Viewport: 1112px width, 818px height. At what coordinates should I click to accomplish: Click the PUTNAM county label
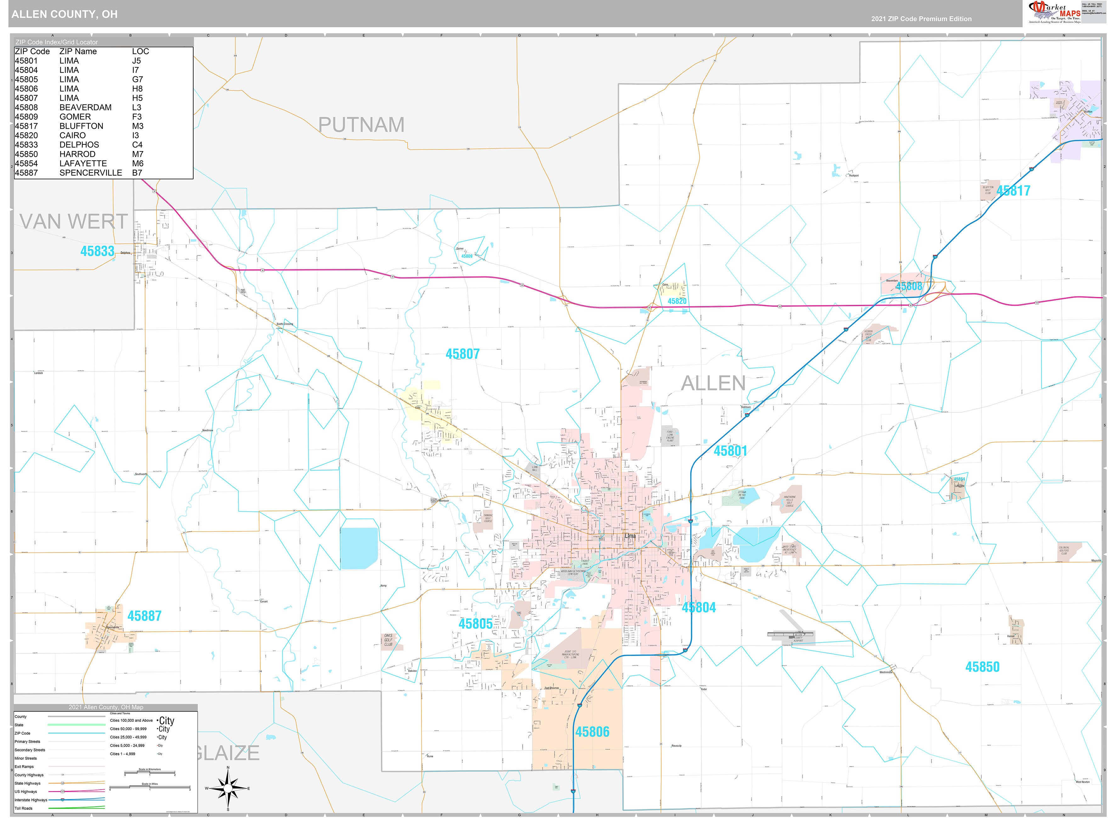click(361, 125)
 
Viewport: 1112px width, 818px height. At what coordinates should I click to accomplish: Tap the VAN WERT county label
click(73, 221)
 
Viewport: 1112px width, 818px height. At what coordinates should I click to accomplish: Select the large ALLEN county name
click(713, 383)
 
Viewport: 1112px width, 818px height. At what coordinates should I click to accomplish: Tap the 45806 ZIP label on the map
click(592, 732)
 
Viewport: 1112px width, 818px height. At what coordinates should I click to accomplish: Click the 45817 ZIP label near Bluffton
click(1013, 191)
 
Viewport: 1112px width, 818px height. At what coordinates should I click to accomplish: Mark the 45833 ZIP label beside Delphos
click(97, 251)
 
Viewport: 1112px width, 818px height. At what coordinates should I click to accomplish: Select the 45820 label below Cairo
click(677, 301)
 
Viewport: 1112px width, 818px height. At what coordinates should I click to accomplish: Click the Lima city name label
click(630, 536)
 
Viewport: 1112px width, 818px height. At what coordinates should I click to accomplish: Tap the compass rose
click(228, 788)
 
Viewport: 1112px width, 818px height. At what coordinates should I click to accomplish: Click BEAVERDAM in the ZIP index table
click(85, 108)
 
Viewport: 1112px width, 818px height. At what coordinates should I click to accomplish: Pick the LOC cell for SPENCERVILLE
click(137, 173)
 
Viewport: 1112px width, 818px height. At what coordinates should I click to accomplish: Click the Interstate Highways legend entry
click(31, 800)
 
